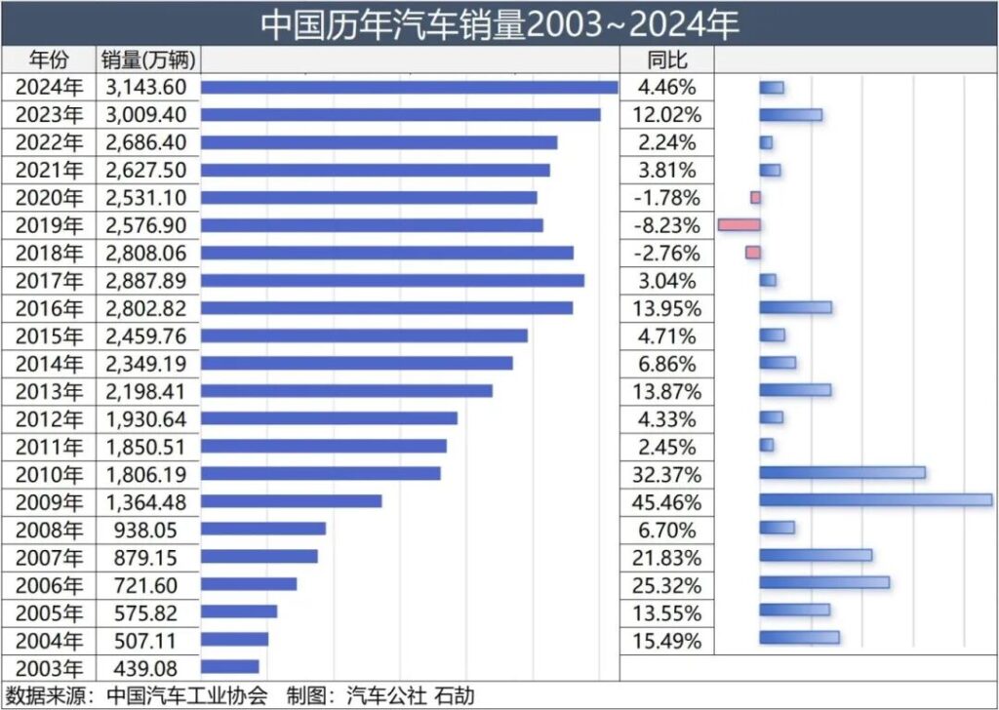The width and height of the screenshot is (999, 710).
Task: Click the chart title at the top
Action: (499, 24)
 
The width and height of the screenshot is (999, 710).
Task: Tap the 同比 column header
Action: (667, 59)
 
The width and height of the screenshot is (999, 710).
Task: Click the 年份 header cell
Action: (50, 59)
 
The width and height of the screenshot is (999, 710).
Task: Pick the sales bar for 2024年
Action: (410, 87)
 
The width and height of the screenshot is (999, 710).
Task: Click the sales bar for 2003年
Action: (230, 667)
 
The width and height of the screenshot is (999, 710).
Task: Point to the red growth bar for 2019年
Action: (739, 225)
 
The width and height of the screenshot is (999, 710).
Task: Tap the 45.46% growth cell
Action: (667, 501)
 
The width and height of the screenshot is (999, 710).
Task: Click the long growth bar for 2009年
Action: (875, 500)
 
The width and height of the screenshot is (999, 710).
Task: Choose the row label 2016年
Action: (50, 308)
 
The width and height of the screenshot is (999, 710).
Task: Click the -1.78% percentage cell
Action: (667, 198)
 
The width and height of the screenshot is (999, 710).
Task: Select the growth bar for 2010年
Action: (842, 473)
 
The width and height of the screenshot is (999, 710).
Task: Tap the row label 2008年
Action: (50, 530)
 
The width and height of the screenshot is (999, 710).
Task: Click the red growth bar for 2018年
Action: (752, 253)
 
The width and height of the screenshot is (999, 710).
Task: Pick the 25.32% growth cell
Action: (667, 584)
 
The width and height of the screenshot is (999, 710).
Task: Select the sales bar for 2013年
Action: (346, 391)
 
